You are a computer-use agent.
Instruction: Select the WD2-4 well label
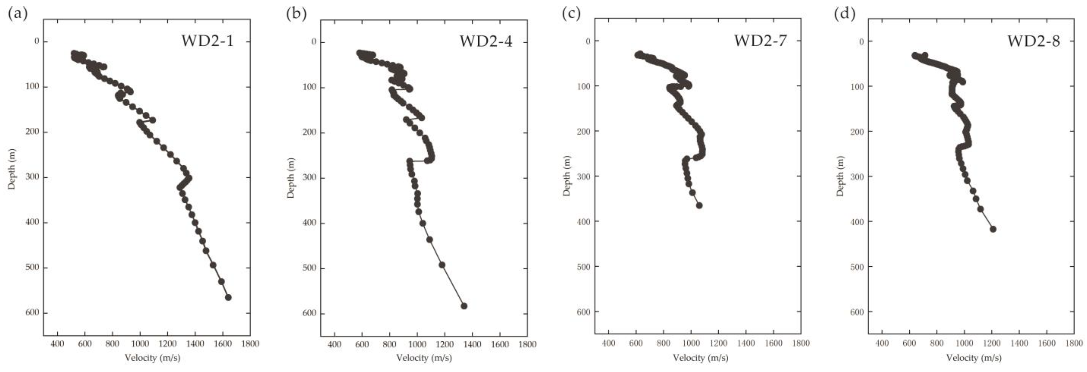[486, 41]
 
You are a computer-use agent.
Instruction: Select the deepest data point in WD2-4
[464, 306]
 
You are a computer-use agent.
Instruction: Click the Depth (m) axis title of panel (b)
[291, 178]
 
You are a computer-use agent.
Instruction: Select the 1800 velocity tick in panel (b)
[527, 344]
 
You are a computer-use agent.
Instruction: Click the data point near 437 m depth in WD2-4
[429, 239]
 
